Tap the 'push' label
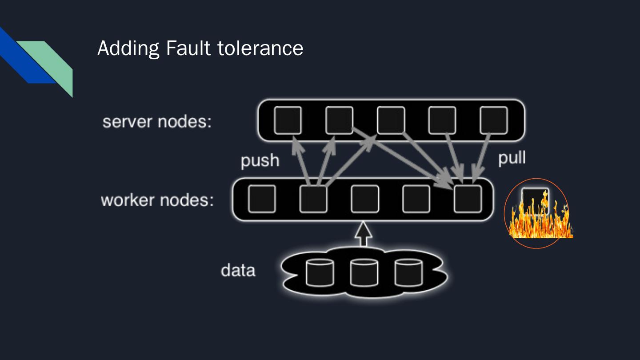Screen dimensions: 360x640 point(260,160)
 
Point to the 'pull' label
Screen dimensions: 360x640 point(512,158)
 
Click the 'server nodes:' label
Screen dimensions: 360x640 point(157,121)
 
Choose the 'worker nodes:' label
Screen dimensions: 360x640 point(157,200)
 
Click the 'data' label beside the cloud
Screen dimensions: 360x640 point(238,270)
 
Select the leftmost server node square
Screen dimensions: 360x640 point(288,120)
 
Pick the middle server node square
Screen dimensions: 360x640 point(391,120)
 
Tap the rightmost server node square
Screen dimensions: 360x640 point(494,120)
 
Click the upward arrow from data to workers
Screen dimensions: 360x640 point(364,234)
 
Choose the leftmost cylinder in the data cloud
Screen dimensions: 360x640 point(320,272)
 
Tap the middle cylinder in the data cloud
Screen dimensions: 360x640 point(364,272)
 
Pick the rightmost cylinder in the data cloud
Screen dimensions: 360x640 point(408,272)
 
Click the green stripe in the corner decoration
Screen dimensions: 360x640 point(56,62)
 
